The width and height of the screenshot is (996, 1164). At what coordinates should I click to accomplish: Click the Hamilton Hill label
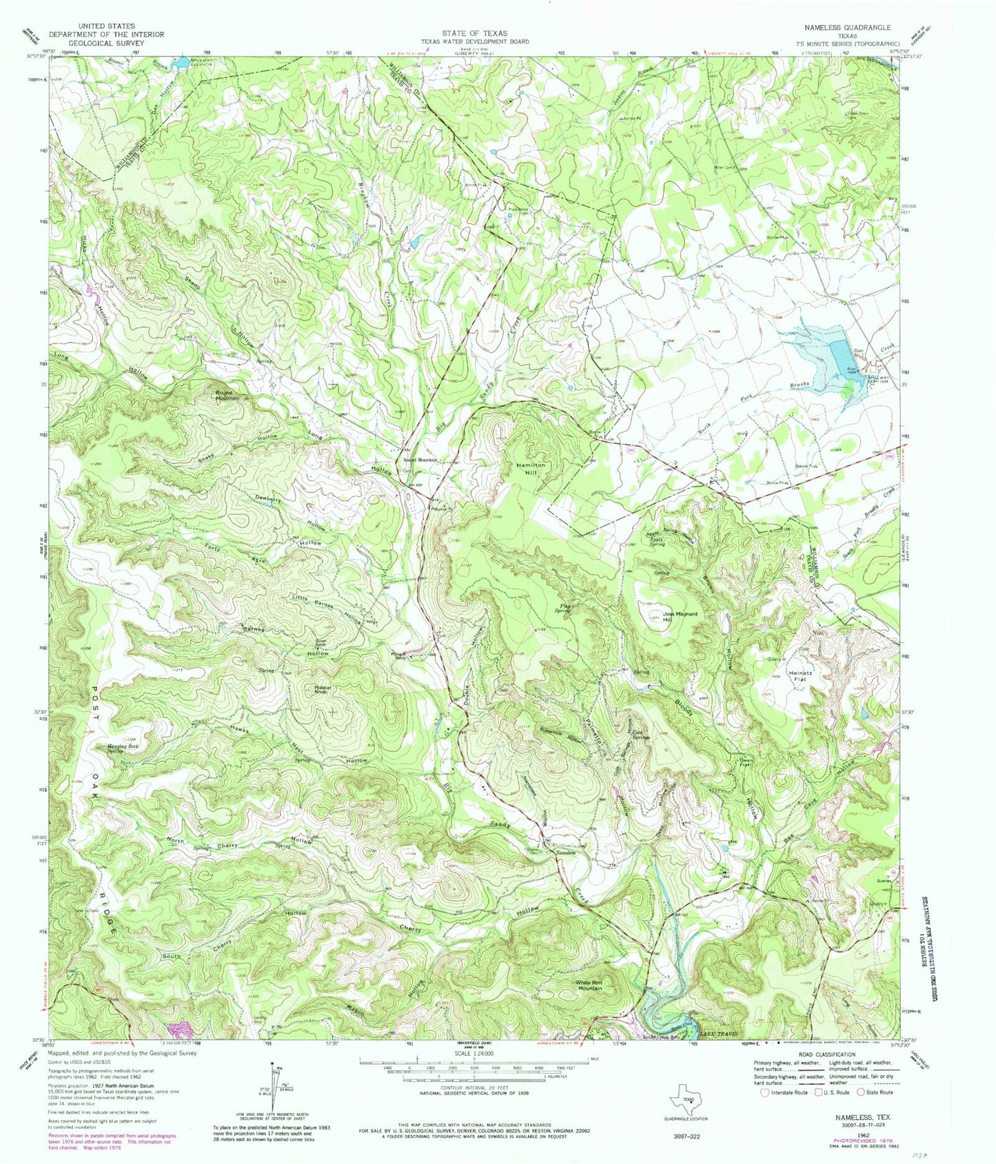pyautogui.click(x=531, y=469)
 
